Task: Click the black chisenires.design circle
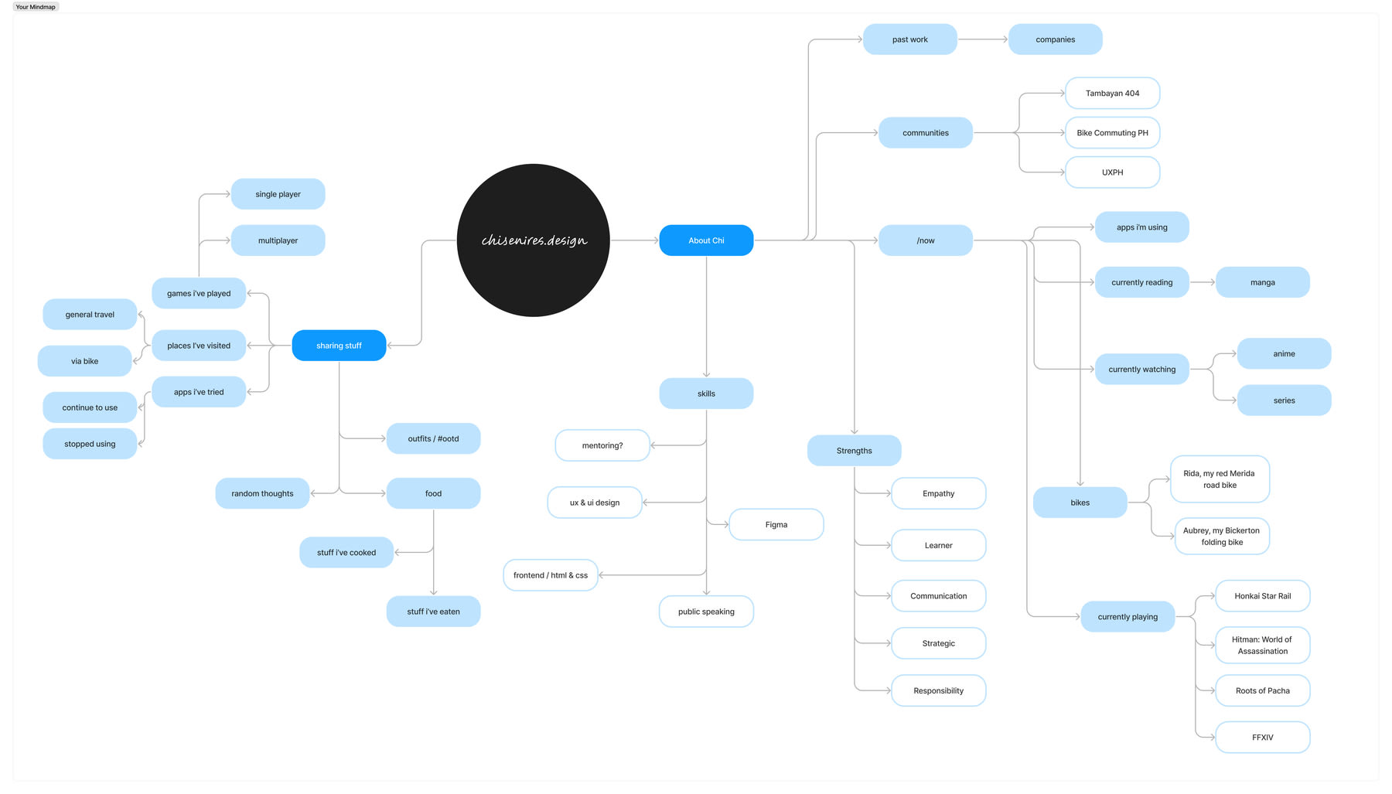coord(533,240)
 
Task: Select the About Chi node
coord(706,240)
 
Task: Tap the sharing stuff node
coord(339,346)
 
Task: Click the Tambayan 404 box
coord(1112,94)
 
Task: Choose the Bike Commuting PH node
coord(1112,133)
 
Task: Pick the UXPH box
coord(1112,172)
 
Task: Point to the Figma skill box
coord(776,525)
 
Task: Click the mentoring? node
coord(602,445)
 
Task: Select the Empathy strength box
coord(938,494)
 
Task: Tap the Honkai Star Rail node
coord(1262,596)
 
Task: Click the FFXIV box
coord(1262,738)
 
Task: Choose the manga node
coord(1262,283)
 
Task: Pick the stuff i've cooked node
coord(346,553)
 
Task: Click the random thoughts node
coord(262,494)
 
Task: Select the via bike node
coord(85,361)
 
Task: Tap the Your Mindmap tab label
coord(36,7)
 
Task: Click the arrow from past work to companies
coord(982,39)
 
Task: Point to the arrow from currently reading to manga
coord(1202,283)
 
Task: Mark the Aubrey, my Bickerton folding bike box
coord(1221,537)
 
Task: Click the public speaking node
coord(706,612)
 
